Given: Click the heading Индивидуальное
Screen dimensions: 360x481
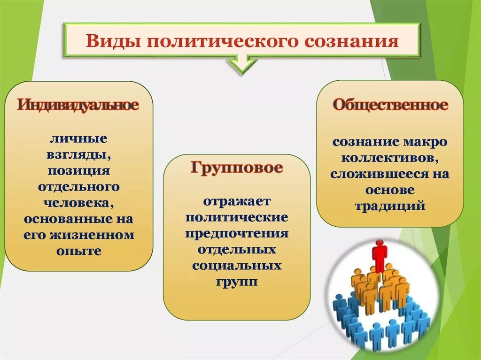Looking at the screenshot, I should tap(78, 104).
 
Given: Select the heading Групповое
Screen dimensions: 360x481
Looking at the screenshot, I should tap(237, 168).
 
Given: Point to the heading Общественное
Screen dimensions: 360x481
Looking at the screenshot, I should tap(390, 105).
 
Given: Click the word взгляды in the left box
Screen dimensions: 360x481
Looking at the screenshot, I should tap(78, 154).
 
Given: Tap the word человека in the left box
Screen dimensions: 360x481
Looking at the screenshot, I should tap(78, 203).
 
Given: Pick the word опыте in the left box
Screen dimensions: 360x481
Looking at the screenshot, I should tap(78, 251).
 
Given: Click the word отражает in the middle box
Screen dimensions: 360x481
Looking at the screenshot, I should tap(237, 201).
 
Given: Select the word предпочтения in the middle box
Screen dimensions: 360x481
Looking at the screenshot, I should tap(237, 234).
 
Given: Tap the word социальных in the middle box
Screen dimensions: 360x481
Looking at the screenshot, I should tap(237, 266).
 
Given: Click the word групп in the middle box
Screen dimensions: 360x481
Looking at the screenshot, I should tap(237, 282).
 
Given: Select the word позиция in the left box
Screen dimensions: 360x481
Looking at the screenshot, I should tap(78, 170).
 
